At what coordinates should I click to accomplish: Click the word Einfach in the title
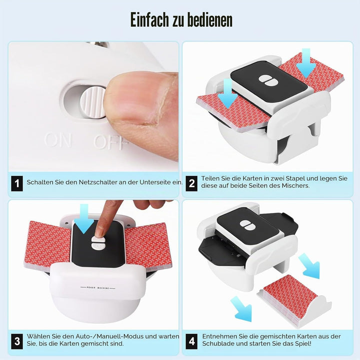tap(149, 19)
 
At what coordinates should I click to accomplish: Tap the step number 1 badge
tap(17, 183)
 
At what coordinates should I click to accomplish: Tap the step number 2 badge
tap(191, 183)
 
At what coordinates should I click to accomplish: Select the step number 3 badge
tap(17, 341)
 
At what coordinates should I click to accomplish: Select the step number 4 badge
tap(191, 341)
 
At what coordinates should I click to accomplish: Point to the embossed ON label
tap(58, 140)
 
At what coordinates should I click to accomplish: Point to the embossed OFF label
tap(110, 142)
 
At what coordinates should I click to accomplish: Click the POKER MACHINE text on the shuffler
tap(98, 287)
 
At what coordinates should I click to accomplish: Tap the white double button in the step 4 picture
tap(247, 225)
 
